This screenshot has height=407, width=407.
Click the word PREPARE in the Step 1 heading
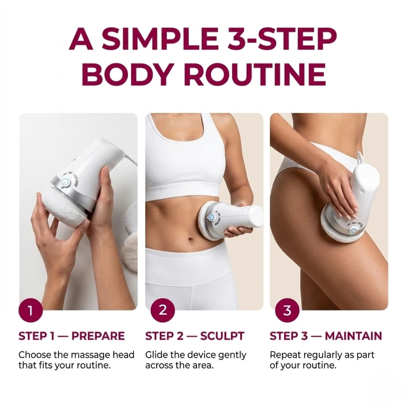[x=98, y=336]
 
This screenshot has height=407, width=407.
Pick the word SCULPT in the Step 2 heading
[x=222, y=336]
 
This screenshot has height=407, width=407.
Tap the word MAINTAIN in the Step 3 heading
[x=353, y=336]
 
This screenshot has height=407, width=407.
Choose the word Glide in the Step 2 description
[x=155, y=355]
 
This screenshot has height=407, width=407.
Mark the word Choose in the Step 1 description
[x=32, y=355]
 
